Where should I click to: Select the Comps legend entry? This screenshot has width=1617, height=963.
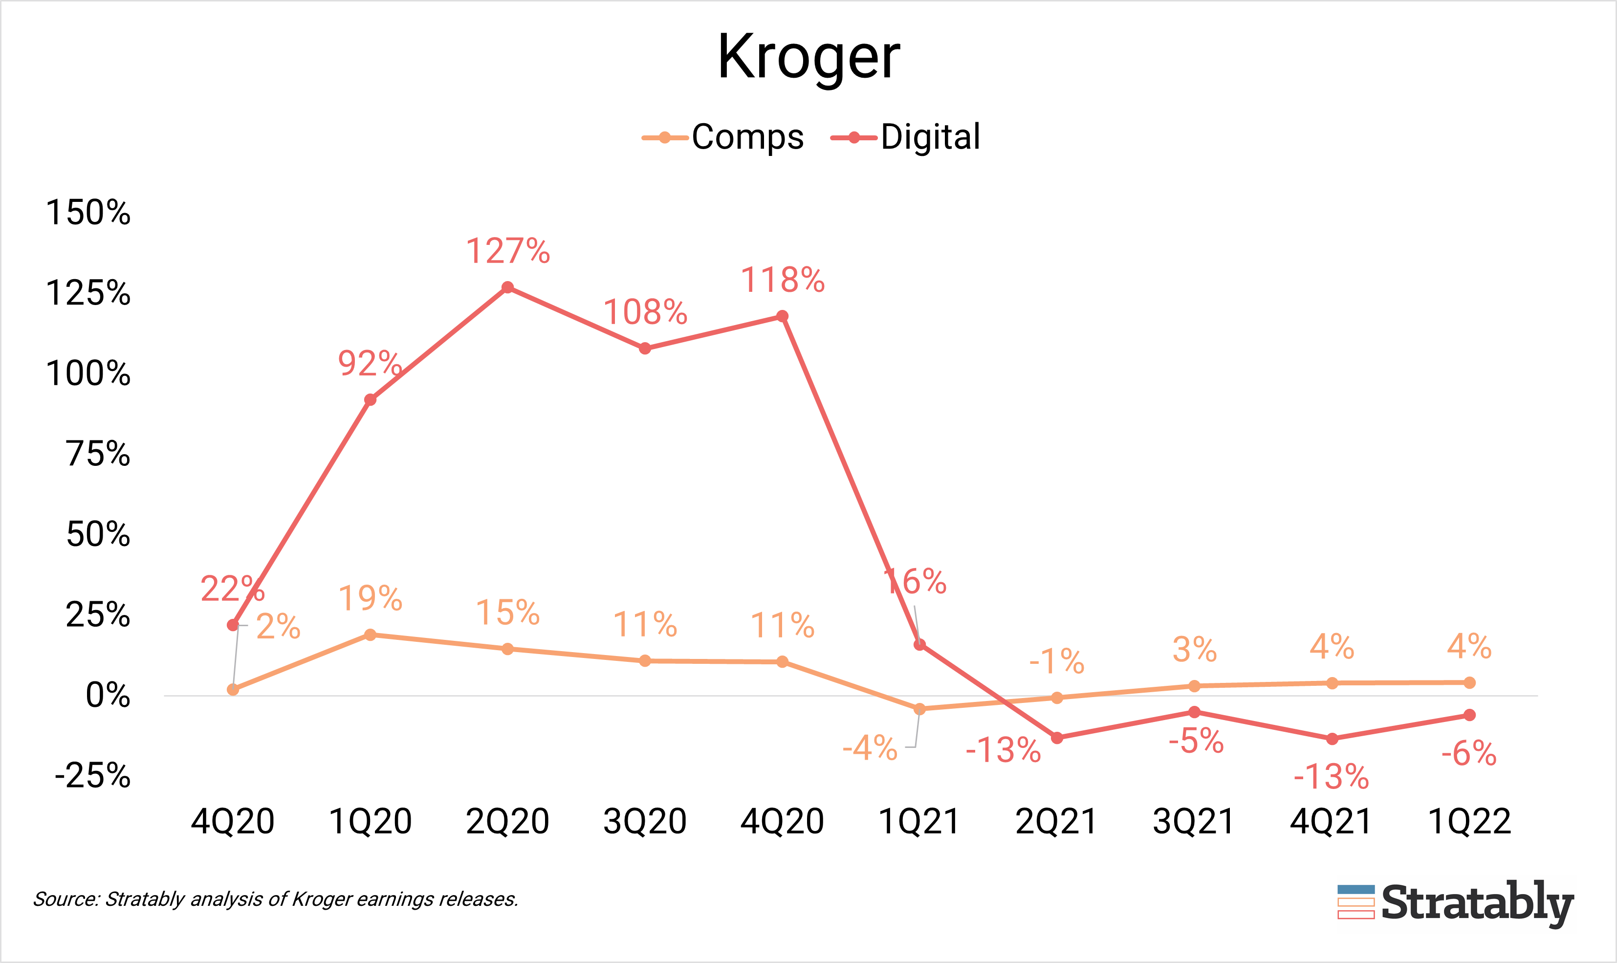tap(723, 137)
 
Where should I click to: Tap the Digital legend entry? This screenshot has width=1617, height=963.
tap(906, 137)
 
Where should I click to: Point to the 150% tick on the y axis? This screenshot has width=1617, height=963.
tap(88, 212)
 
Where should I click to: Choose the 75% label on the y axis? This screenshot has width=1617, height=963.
tap(98, 454)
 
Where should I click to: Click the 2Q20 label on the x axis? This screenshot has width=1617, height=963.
tap(507, 822)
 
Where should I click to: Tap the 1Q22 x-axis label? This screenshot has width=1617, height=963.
tap(1469, 822)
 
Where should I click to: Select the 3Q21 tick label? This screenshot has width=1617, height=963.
tap(1193, 822)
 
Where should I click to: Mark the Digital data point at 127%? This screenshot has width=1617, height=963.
tap(507, 287)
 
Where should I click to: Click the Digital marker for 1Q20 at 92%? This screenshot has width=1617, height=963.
tap(370, 400)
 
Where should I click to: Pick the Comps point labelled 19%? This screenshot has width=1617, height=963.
tap(370, 635)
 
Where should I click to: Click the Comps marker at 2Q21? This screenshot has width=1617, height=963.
tap(1056, 698)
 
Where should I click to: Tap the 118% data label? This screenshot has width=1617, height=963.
tap(783, 280)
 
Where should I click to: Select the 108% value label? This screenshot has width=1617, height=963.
tap(645, 313)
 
